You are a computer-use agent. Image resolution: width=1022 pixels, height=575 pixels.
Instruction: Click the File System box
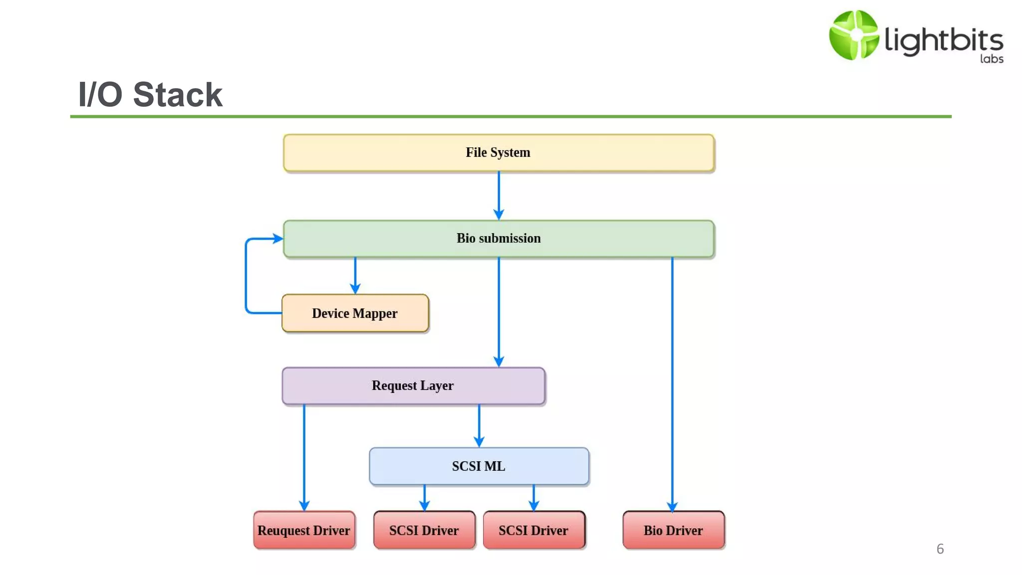(498, 153)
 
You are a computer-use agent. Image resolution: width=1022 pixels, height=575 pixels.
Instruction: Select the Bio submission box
(498, 239)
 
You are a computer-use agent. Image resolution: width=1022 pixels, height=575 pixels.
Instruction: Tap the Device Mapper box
(355, 313)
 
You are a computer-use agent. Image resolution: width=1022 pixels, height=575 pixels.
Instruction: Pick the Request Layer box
(413, 386)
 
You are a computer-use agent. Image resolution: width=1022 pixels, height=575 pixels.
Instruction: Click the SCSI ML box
(479, 466)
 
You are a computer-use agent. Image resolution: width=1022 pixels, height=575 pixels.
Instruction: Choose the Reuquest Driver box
(304, 530)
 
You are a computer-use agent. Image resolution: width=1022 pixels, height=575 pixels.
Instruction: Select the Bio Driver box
(673, 530)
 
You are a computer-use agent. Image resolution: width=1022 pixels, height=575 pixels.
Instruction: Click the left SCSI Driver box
(424, 530)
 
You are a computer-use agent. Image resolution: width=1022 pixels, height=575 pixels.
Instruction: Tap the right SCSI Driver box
(533, 530)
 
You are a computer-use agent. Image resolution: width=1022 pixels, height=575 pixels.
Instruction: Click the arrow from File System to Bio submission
(499, 195)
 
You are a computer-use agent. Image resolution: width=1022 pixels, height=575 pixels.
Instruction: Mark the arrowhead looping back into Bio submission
(277, 239)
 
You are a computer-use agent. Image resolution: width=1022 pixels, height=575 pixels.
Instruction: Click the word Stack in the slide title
(178, 95)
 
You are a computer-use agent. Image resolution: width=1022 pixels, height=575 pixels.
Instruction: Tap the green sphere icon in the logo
(853, 35)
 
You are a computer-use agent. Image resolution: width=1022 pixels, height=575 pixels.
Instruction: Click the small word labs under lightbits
(991, 59)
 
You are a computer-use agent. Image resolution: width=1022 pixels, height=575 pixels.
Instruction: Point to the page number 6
(940, 549)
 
